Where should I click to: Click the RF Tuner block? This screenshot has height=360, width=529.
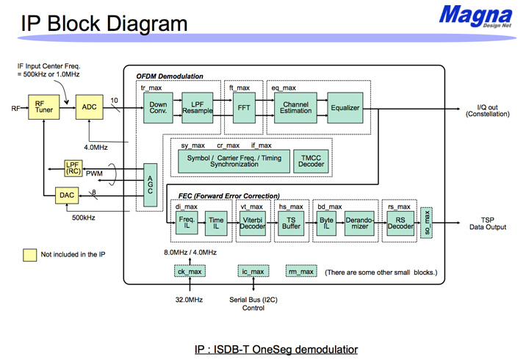click(x=44, y=107)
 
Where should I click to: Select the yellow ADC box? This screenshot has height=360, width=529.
click(x=90, y=107)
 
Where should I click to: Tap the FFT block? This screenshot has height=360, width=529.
click(x=244, y=107)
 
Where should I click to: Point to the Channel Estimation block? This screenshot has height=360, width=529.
click(x=295, y=107)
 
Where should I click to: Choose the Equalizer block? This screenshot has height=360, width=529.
click(x=345, y=107)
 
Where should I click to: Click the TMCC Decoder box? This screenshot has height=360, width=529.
click(x=311, y=162)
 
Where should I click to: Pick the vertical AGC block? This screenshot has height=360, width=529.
click(x=150, y=185)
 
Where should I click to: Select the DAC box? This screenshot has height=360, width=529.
click(x=67, y=195)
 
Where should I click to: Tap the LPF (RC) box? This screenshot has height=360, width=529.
click(x=73, y=168)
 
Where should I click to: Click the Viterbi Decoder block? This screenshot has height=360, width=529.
click(x=253, y=223)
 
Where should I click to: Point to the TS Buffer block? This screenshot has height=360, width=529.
click(x=291, y=223)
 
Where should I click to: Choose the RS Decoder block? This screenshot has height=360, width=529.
click(x=400, y=223)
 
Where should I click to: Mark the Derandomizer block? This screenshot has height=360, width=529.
click(x=359, y=223)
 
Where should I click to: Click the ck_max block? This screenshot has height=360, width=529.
click(x=190, y=272)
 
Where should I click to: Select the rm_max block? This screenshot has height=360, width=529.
click(x=301, y=272)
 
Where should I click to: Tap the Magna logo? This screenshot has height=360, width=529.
click(x=475, y=16)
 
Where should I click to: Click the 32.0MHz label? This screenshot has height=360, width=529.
click(x=189, y=300)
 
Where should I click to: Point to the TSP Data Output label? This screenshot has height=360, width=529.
click(x=488, y=223)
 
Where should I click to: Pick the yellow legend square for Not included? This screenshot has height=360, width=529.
click(x=29, y=255)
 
